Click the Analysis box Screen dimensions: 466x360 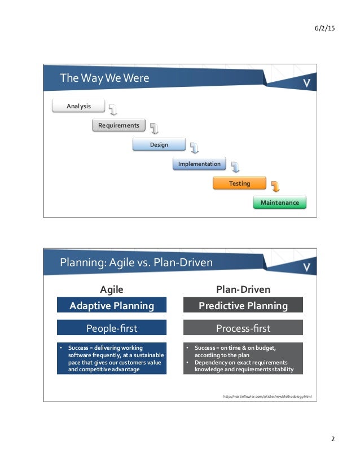point(71,105)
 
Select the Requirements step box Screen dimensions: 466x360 point(118,125)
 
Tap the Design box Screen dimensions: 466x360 point(159,145)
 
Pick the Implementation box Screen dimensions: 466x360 point(199,164)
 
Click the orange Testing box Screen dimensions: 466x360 point(239,183)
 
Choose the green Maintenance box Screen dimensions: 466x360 point(280,203)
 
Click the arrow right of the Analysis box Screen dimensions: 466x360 point(113,109)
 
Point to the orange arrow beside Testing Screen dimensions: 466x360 point(275,186)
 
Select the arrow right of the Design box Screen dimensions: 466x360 point(195,148)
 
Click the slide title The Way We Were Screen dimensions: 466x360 point(105,78)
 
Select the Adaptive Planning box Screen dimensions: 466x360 point(112,306)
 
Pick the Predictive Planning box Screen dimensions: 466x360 point(243,306)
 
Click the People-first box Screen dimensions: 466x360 point(112,328)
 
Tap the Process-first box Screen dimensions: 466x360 point(243,328)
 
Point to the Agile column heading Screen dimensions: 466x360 point(112,289)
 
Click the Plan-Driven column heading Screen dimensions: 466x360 point(243,289)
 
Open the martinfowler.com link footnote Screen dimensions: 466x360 point(267,397)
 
